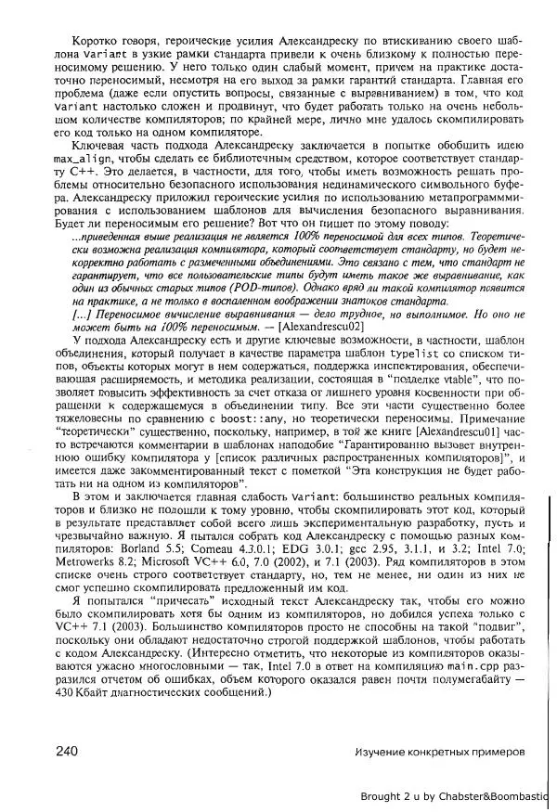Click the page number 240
(70, 751)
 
